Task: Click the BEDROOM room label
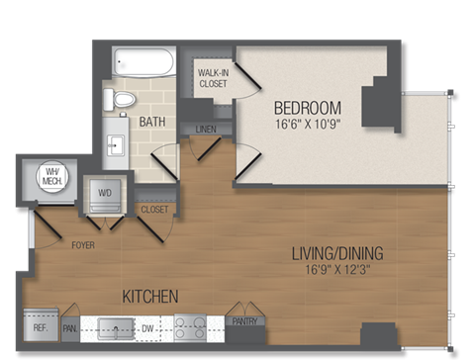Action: click(307, 108)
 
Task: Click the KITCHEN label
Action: click(149, 296)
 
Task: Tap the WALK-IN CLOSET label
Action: click(213, 78)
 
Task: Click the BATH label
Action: click(151, 122)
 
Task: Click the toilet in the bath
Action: click(123, 99)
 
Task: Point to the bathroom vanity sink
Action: click(116, 146)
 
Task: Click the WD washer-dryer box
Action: click(103, 194)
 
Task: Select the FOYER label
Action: click(82, 244)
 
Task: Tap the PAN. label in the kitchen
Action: click(70, 325)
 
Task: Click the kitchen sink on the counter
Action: click(117, 326)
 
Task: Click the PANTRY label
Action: click(242, 321)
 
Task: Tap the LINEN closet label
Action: click(207, 130)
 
